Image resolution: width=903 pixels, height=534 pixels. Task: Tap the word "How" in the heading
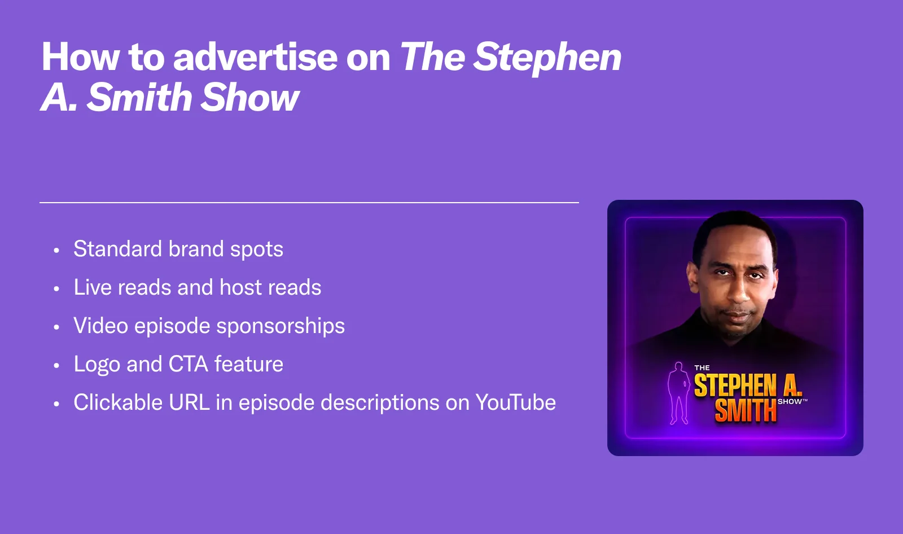(80, 57)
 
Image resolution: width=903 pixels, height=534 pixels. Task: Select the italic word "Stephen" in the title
(547, 59)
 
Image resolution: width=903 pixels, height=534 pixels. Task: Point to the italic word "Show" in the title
(250, 97)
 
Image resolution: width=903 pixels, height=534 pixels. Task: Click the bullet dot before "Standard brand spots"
(56, 251)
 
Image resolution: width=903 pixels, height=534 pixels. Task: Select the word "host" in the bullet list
(240, 287)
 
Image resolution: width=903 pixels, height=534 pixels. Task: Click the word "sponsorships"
(280, 326)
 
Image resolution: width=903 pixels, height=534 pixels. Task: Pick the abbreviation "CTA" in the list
(189, 364)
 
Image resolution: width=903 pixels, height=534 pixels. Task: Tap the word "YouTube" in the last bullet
(516, 402)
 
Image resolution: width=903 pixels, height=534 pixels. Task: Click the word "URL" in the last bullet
(189, 402)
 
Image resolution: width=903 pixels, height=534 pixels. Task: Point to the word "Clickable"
(118, 402)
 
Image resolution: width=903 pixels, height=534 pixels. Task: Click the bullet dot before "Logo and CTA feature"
(56, 366)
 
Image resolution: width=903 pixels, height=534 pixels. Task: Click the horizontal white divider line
(309, 203)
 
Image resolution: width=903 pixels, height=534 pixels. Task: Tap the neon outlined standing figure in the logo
(679, 393)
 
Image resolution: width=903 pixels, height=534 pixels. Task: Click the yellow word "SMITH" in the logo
(746, 411)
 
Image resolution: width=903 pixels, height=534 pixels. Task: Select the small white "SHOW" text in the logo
(790, 402)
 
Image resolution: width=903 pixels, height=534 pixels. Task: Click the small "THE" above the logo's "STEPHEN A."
(702, 368)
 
